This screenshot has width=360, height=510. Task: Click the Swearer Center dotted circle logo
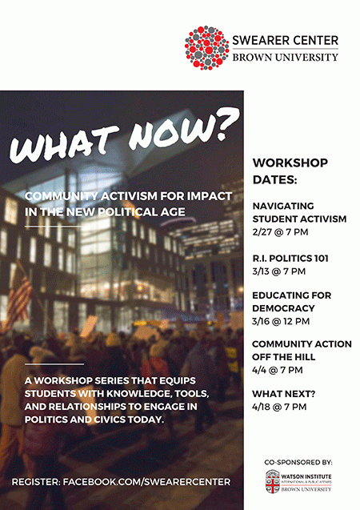tap(206, 48)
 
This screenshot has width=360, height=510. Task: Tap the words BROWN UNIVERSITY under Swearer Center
tap(285, 58)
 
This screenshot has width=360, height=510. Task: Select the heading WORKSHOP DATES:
tap(290, 171)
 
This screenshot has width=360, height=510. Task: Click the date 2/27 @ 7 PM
tap(280, 232)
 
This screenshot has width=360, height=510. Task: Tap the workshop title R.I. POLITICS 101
tap(290, 259)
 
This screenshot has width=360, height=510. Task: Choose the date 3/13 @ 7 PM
tap(278, 271)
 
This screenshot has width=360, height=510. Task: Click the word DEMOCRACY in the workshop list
tap(283, 308)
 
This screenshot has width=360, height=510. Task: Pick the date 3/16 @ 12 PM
tap(281, 321)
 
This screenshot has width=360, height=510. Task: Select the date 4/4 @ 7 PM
tap(277, 370)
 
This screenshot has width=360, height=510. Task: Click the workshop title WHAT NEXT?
tap(284, 394)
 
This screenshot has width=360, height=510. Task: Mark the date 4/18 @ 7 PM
tap(279, 407)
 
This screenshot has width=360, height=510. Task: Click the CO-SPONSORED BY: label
tap(298, 462)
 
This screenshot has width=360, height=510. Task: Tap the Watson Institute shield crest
tap(273, 482)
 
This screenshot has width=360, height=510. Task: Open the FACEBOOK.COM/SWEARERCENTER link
tap(146, 482)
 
